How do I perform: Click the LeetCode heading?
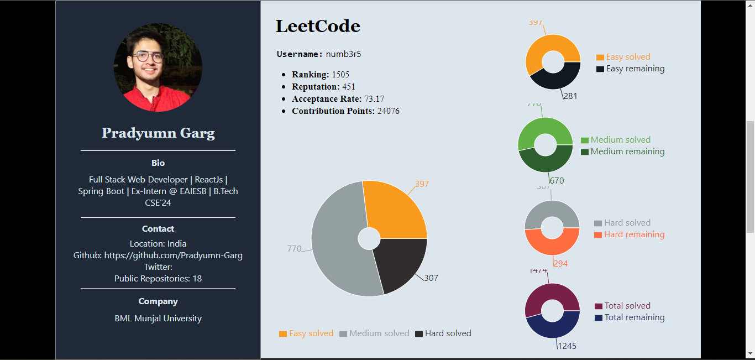318,26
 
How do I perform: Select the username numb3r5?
343,54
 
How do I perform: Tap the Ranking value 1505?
340,75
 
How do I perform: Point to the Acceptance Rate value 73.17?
374,99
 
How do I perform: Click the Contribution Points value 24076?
389,111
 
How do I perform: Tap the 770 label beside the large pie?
294,249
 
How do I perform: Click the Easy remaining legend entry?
635,69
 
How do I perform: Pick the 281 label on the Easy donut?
570,96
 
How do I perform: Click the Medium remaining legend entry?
627,152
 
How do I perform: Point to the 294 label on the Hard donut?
560,264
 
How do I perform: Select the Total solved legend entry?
627,306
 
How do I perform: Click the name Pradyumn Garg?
158,133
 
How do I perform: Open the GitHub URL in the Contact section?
173,255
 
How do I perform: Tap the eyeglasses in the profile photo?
148,56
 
